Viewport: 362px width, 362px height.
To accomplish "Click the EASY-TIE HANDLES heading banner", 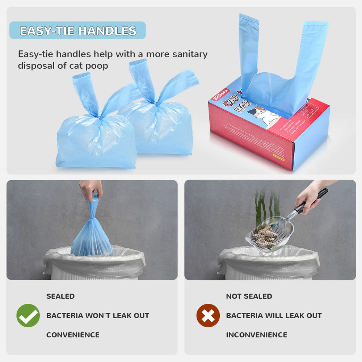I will [x=77, y=30].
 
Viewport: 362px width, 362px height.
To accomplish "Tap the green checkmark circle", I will [x=28, y=315].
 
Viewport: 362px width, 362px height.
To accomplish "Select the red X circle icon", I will [x=208, y=315].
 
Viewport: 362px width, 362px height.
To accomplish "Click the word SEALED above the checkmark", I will [x=60, y=296].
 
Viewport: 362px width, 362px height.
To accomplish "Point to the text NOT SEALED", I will [x=249, y=296].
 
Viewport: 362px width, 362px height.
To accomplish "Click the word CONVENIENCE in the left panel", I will [x=72, y=335].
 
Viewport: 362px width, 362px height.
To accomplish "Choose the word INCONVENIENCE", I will [x=256, y=335].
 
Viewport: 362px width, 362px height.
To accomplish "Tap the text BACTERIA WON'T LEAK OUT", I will [x=97, y=315].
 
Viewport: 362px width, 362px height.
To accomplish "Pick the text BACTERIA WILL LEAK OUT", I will [x=274, y=315].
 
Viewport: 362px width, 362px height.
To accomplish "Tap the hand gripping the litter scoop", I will [x=307, y=197].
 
